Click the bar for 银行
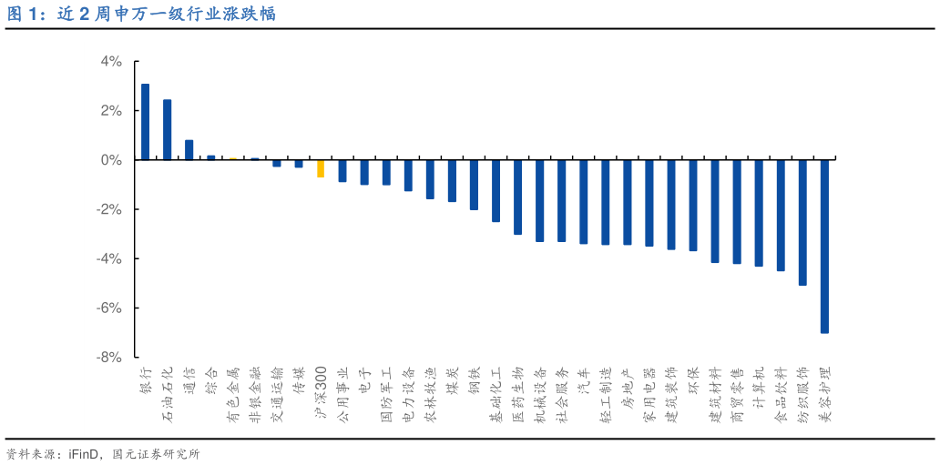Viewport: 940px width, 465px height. (145, 122)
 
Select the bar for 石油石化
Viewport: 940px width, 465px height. (167, 129)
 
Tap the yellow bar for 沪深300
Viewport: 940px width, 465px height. (321, 168)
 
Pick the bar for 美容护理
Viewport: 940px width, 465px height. (824, 246)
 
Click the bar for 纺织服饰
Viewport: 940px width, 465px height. (802, 222)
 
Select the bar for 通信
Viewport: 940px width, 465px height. (189, 150)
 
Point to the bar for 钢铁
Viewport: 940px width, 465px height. (474, 185)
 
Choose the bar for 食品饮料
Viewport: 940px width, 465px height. (781, 215)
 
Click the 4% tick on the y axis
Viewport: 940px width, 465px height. (111, 62)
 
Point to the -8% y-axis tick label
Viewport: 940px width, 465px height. (109, 358)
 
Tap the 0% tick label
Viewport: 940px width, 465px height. (111, 160)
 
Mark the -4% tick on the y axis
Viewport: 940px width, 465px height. (109, 258)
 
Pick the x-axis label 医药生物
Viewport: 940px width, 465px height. (517, 393)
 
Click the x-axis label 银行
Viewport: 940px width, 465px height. (145, 379)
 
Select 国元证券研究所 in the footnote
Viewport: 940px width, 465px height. (155, 453)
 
